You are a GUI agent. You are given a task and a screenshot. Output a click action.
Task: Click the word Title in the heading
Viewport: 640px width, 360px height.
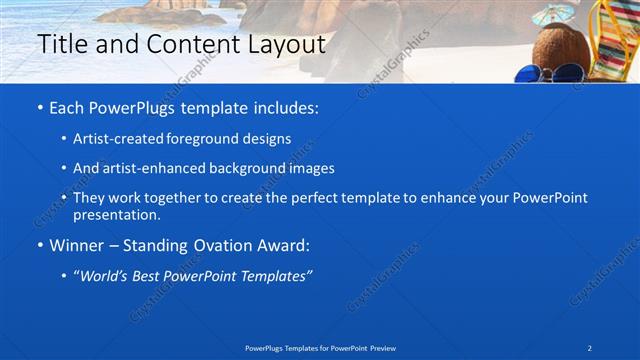[61, 45]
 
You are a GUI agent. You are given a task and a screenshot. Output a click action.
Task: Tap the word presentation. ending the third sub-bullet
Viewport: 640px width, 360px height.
[116, 215]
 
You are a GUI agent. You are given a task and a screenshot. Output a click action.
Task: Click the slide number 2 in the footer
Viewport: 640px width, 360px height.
[590, 347]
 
